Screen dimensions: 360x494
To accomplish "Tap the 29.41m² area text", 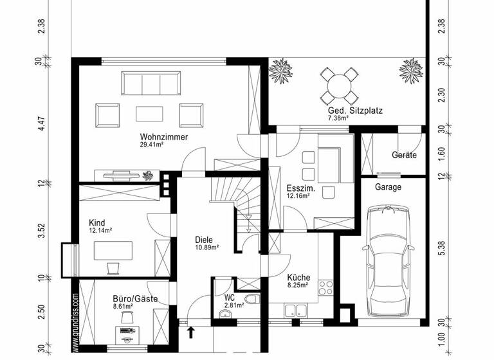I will (152, 145).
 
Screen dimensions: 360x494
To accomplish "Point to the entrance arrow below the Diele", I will (190, 332).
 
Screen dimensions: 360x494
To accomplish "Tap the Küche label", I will (298, 278).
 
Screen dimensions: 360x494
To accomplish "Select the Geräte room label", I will (404, 155).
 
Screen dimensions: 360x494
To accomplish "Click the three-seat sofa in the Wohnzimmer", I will (151, 84).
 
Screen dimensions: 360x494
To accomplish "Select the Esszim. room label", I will (299, 189).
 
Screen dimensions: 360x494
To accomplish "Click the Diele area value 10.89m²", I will (207, 248).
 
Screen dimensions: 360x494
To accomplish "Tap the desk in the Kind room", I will (113, 251).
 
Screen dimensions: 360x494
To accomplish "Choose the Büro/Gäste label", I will (117, 299).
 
